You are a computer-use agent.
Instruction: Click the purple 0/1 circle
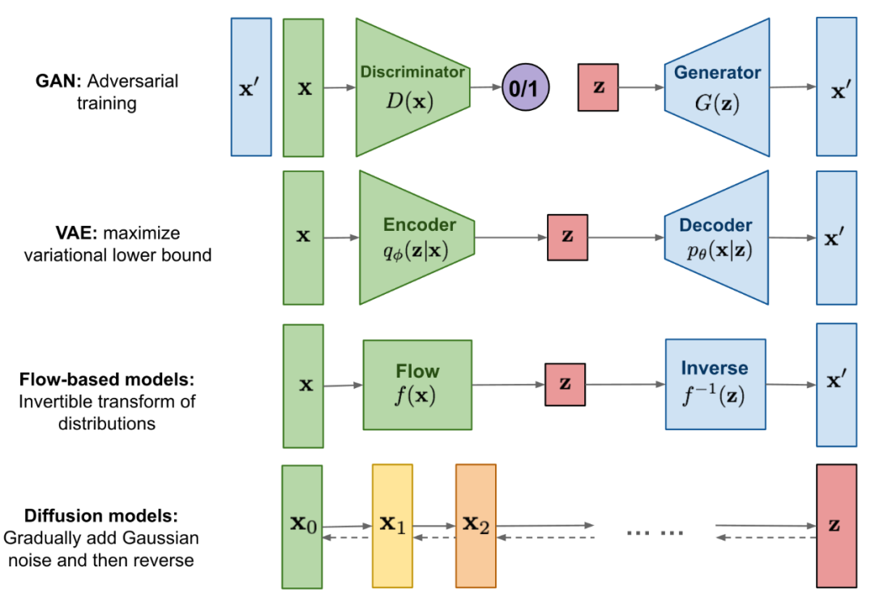pyautogui.click(x=526, y=87)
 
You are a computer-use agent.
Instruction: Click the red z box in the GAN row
pyautogui.click(x=599, y=87)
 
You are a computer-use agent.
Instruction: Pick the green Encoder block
pyautogui.click(x=415, y=237)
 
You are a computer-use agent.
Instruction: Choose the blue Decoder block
pyautogui.click(x=715, y=237)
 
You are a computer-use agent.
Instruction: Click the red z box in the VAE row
pyautogui.click(x=567, y=237)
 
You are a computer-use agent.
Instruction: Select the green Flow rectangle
pyautogui.click(x=417, y=385)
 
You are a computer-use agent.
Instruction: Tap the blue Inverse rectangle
pyautogui.click(x=715, y=384)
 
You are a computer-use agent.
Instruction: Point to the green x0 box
pyautogui.click(x=302, y=527)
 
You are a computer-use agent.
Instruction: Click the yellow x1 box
pyautogui.click(x=392, y=526)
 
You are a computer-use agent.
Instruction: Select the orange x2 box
pyautogui.click(x=476, y=526)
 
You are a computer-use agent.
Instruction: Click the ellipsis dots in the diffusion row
pyautogui.click(x=655, y=532)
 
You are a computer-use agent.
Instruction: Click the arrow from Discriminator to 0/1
pyautogui.click(x=486, y=87)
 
